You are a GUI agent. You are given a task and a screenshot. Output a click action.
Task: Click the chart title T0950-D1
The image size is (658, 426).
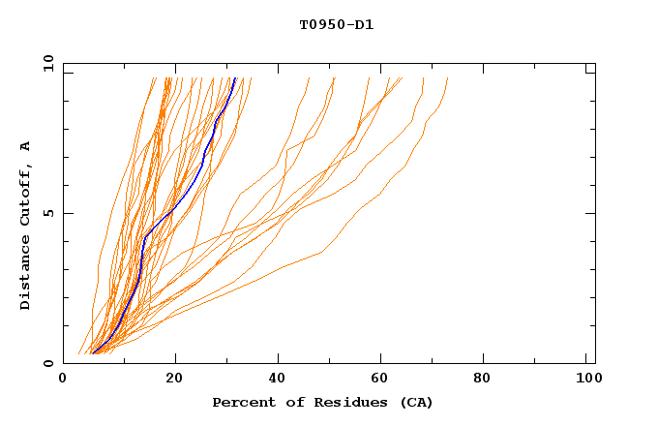click(336, 25)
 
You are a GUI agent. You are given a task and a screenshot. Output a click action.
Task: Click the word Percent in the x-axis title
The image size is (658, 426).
click(240, 403)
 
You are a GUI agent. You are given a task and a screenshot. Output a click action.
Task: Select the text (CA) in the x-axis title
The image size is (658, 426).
click(417, 403)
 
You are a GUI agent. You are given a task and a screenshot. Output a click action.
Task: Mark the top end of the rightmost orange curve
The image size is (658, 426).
click(448, 78)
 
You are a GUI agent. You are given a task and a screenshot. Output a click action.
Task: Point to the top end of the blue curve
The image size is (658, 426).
click(235, 78)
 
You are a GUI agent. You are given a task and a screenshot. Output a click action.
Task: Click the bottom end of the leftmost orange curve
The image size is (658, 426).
click(78, 354)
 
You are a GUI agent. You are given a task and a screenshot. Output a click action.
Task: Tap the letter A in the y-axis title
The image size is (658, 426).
click(26, 146)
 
